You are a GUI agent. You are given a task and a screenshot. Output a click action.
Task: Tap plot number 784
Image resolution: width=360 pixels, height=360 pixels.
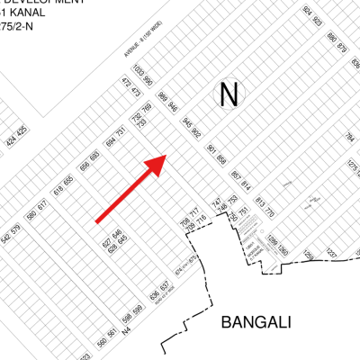350,139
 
